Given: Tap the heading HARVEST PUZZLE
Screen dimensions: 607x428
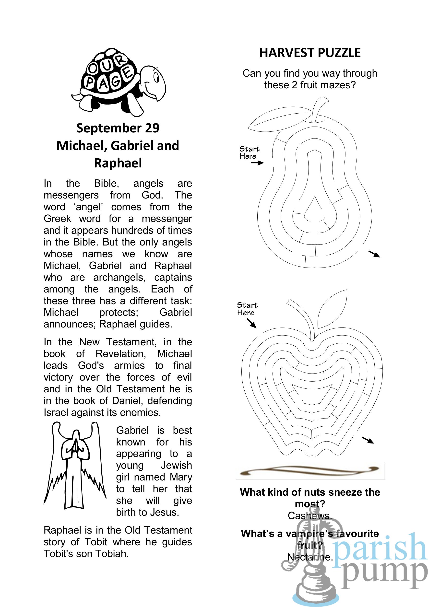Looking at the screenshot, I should point(310,53).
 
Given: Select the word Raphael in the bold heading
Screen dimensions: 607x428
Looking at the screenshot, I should point(118,163).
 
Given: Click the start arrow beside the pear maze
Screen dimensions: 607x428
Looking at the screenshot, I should point(257,163).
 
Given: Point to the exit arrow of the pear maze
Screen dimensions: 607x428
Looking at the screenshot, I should point(374,254).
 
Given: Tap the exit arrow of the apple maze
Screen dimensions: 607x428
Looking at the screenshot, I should point(368,440).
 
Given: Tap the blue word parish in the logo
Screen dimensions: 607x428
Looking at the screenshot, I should point(380,548).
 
